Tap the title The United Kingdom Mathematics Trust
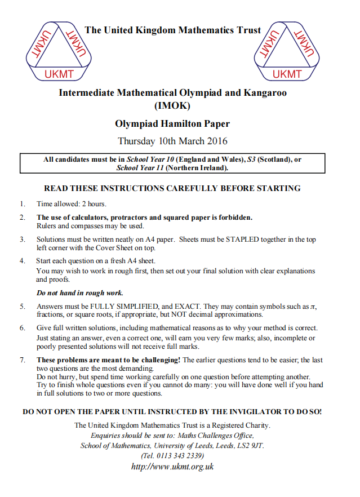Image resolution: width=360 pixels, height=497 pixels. tap(172, 30)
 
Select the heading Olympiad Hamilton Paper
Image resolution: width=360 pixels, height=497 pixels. tap(172, 123)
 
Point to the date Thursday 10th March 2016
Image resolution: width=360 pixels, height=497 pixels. tap(172, 141)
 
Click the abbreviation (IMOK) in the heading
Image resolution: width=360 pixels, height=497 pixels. tap(172, 105)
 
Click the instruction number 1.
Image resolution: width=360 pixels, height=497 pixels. tap(22, 204)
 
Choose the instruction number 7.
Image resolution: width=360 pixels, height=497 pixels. tap(22, 360)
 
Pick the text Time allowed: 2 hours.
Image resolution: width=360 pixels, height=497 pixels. tap(72, 204)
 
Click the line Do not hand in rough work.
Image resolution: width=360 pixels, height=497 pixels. tap(80, 293)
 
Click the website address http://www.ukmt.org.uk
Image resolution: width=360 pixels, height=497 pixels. tap(172, 467)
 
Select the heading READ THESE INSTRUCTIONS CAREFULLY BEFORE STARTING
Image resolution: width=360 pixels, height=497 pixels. tap(172, 188)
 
